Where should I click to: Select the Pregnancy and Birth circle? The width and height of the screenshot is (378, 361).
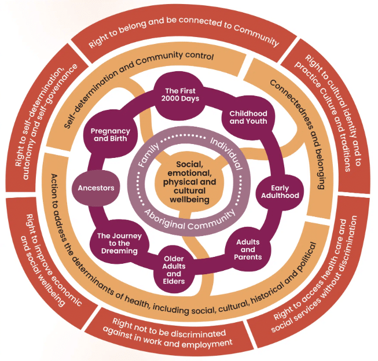(110, 135)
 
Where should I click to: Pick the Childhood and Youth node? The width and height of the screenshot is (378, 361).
(248, 117)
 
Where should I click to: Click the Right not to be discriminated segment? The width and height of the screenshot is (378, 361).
(168, 334)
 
